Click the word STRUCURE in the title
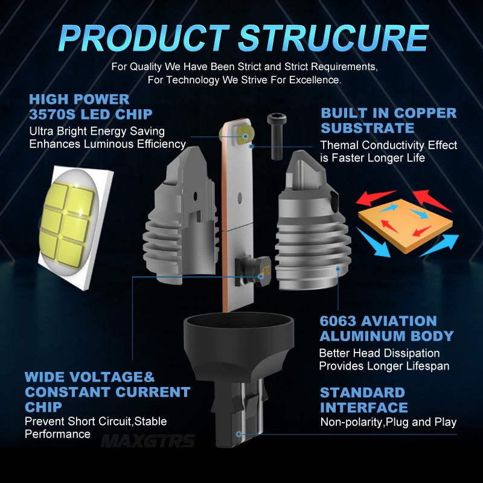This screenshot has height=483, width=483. [x=333, y=38]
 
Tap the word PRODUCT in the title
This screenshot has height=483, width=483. [x=144, y=38]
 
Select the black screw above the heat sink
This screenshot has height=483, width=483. [x=277, y=136]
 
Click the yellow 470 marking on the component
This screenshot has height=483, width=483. [x=266, y=270]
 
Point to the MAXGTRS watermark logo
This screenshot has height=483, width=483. [x=148, y=441]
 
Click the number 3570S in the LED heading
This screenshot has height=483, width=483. [x=52, y=115]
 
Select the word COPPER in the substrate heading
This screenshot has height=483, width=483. [x=426, y=113]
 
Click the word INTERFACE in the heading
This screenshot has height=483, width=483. [x=364, y=408]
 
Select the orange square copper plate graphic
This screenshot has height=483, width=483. [x=405, y=225]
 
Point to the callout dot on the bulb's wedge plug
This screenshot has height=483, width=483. [x=238, y=434]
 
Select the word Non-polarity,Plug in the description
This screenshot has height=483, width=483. [x=365, y=422]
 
